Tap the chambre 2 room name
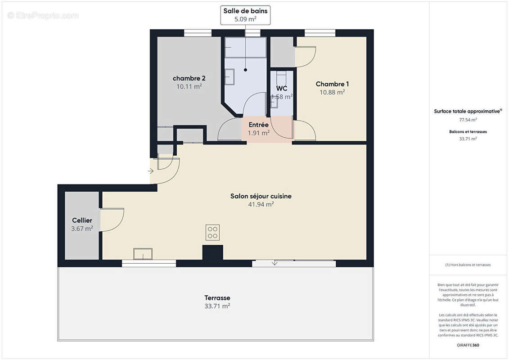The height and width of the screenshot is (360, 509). point(189,78)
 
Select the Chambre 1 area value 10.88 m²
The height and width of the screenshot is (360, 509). point(332,92)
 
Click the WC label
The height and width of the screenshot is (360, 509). point(282,88)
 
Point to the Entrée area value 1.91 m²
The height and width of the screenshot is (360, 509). point(259,133)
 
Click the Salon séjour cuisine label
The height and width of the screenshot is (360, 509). point(261,196)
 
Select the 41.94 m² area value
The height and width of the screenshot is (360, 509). point(261,204)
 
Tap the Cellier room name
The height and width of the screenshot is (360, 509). point(82,220)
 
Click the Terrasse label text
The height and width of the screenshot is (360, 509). point(217,298)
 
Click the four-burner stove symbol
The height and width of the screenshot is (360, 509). point(212,232)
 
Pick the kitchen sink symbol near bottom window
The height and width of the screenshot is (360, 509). point(143,254)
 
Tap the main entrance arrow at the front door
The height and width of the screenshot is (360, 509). point(150,171)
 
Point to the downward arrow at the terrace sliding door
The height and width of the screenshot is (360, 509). point(275,263)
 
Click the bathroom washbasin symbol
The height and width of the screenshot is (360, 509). point(230,77)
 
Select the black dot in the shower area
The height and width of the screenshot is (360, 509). point(246,70)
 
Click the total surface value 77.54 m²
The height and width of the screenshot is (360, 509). point(468,120)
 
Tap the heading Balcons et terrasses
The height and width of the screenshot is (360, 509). point(468,132)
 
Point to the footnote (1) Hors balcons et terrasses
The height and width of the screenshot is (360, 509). point(468,265)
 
